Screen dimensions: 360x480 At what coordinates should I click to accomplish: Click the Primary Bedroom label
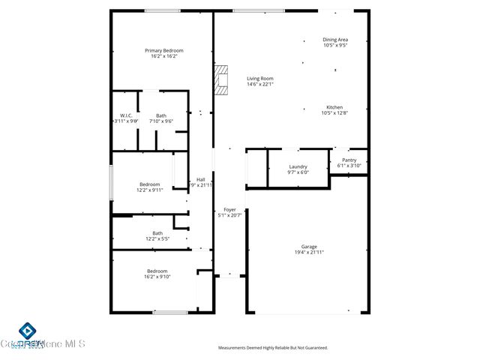[x=164, y=50]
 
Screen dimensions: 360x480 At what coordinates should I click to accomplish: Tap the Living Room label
[x=260, y=78]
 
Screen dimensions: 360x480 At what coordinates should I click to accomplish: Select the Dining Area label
[x=335, y=39]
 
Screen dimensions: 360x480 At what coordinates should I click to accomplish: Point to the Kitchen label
[x=334, y=107]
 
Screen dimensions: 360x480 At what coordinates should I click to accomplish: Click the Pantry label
[x=349, y=160]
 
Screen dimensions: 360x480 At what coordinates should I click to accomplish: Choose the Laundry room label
[x=298, y=166]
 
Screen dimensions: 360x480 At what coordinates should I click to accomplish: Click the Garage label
[x=309, y=246]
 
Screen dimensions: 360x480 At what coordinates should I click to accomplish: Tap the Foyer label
[x=229, y=210]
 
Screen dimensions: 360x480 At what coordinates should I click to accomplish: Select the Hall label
[x=201, y=179]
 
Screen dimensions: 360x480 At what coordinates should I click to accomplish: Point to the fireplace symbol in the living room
[x=220, y=80]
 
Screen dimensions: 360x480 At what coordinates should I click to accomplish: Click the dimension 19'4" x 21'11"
[x=309, y=252]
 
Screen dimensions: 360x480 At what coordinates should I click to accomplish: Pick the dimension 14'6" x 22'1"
[x=260, y=84]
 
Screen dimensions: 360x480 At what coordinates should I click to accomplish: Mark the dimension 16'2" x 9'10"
[x=157, y=277]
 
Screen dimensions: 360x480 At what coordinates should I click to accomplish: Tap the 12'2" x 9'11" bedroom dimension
[x=149, y=190]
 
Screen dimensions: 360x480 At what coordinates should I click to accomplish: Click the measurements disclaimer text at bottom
[x=273, y=348]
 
